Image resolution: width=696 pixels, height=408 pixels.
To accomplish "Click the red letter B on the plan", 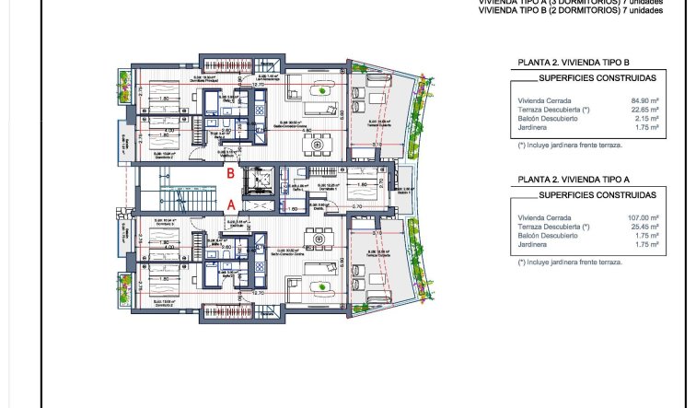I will click(234, 171).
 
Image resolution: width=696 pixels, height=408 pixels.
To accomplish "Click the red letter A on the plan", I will click(232, 204).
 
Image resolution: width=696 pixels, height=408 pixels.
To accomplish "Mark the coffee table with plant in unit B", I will click(321, 89).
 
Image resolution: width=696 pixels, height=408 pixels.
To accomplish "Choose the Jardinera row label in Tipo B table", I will click(533, 129).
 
